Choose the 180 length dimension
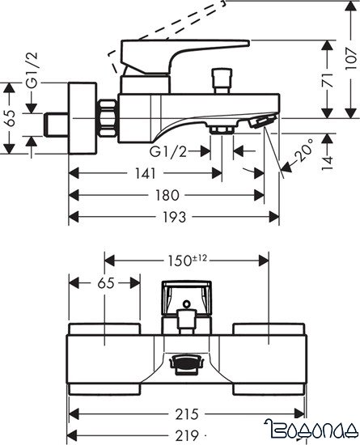click(x=166, y=195)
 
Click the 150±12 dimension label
click(x=187, y=261)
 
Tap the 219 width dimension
click(x=187, y=434)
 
